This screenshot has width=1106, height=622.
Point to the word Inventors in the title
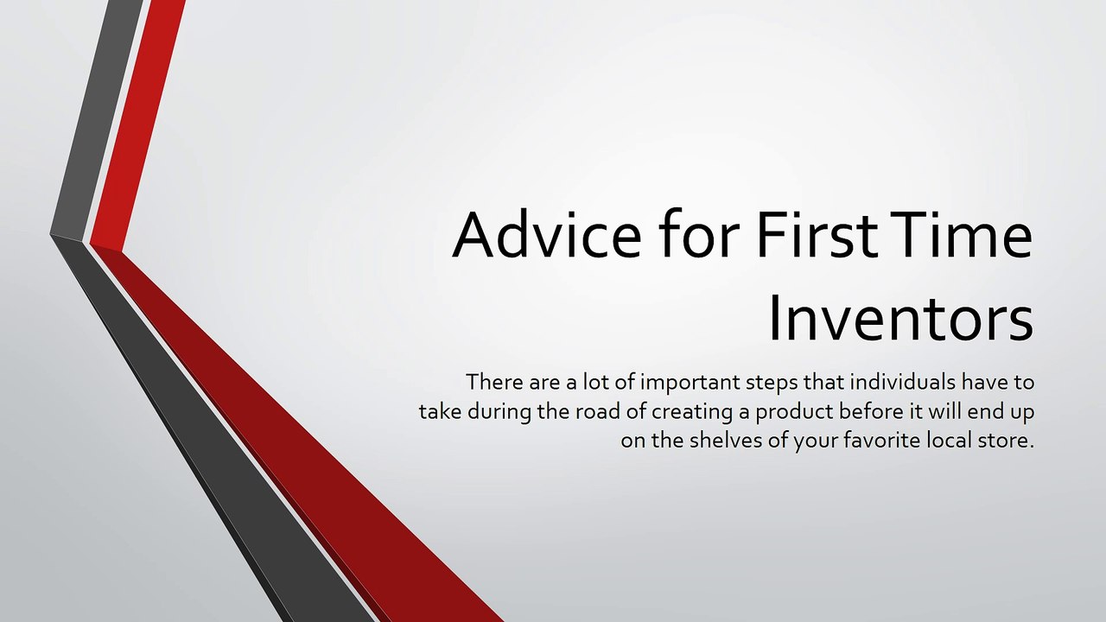pyautogui.click(x=900, y=317)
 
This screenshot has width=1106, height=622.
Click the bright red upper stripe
pyautogui.click(x=138, y=121)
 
